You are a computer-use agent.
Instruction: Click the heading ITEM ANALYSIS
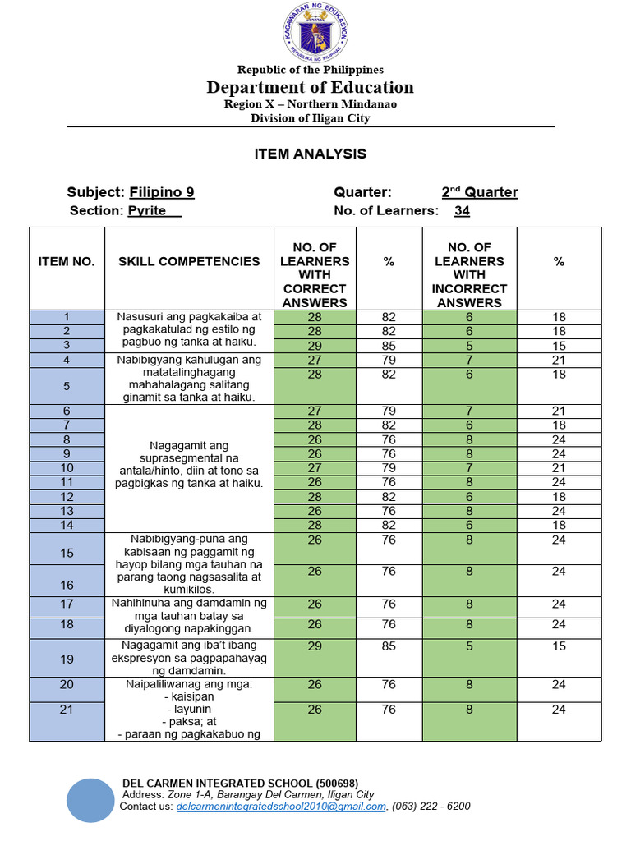[x=311, y=154]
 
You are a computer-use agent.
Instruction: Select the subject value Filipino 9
[x=162, y=192]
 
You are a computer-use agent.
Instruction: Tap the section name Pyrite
[x=148, y=210]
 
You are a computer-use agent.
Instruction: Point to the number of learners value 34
[x=462, y=211]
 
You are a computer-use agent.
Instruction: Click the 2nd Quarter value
[x=480, y=192]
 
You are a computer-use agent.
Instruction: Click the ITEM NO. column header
[x=67, y=261]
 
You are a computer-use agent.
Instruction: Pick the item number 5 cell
[x=67, y=385]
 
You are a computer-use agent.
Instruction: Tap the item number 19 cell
[x=67, y=659]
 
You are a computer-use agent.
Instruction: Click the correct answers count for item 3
[x=315, y=346]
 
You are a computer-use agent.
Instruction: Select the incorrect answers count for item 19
[x=469, y=646]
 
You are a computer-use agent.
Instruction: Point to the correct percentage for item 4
[x=389, y=360]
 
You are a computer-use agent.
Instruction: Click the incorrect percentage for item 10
[x=559, y=467]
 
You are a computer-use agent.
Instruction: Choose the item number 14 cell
[x=67, y=525]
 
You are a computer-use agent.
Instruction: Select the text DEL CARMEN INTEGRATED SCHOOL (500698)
[x=240, y=783]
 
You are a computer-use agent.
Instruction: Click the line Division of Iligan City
[x=311, y=118]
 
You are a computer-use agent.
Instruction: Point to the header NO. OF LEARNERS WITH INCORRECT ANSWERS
[x=469, y=274]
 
